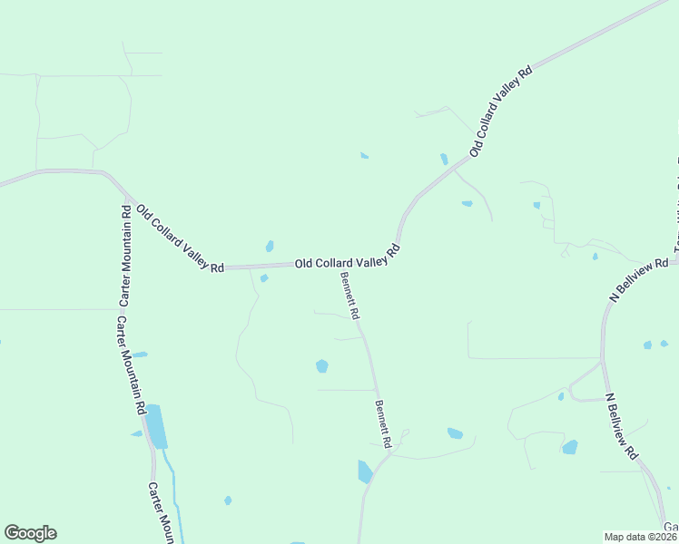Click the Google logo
point(30,533)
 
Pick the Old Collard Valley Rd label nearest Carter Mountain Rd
point(179,239)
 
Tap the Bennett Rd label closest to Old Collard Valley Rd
point(350,296)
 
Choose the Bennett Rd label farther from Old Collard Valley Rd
point(383,424)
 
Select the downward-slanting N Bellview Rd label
point(624,425)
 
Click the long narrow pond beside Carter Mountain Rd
point(157,426)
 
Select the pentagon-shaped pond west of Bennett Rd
point(321,366)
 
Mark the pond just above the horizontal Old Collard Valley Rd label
point(270,246)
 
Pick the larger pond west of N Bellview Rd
point(569,447)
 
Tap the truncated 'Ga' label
point(670,528)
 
